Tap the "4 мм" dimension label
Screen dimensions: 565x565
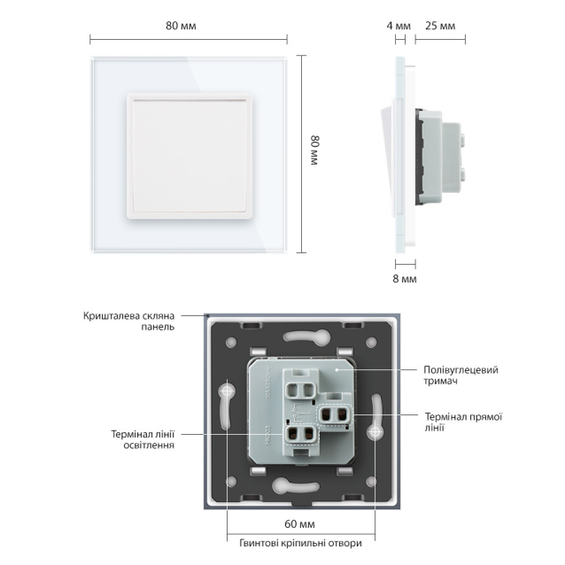point(399,26)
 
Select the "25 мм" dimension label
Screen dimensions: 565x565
point(440,26)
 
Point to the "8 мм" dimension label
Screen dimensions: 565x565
point(403,278)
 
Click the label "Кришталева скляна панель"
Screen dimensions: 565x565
point(128,321)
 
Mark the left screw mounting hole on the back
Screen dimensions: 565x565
point(228,390)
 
